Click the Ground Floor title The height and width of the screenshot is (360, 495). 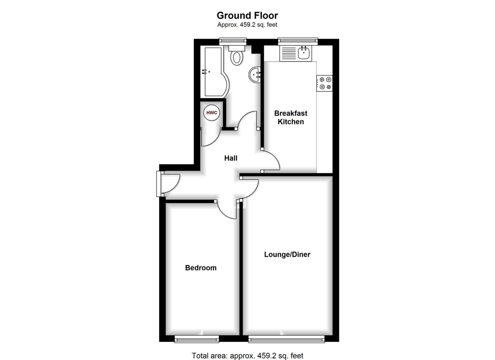(x=247, y=15)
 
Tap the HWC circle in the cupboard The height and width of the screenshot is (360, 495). (x=212, y=113)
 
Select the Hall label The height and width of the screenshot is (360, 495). (x=231, y=158)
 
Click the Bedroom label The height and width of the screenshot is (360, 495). (x=200, y=268)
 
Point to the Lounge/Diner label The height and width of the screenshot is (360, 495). (x=287, y=254)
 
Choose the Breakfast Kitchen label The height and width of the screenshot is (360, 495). (x=290, y=118)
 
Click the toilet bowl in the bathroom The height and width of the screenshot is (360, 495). (x=237, y=58)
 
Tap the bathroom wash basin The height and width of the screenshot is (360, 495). (x=255, y=75)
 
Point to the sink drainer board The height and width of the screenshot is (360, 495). (x=289, y=54)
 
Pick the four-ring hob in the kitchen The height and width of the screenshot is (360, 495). (x=324, y=83)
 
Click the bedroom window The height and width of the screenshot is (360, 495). (x=197, y=339)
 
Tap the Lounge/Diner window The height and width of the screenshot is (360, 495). (x=286, y=339)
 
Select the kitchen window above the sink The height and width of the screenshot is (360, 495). (x=298, y=41)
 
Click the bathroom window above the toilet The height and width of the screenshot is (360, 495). (x=233, y=41)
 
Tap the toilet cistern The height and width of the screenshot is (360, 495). (x=237, y=48)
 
